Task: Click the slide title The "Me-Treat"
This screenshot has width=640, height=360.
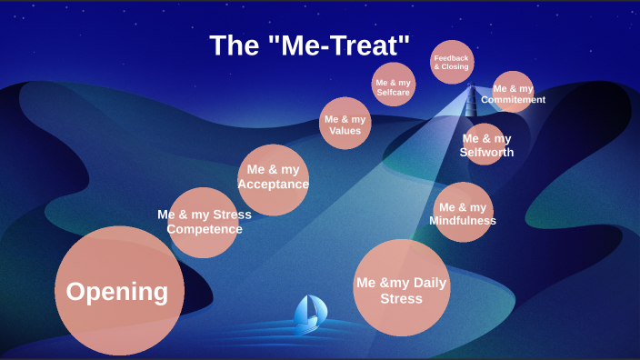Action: pyautogui.click(x=310, y=45)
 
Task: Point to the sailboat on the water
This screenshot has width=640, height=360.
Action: pyautogui.click(x=310, y=312)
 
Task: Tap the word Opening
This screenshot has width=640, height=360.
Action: pyautogui.click(x=117, y=292)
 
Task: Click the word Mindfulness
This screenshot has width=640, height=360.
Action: pyautogui.click(x=463, y=221)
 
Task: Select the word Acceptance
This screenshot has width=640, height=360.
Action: pyautogui.click(x=273, y=185)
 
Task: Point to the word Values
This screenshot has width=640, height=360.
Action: pyautogui.click(x=345, y=131)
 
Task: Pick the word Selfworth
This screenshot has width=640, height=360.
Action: pyautogui.click(x=486, y=153)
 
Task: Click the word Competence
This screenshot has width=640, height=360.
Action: pyautogui.click(x=205, y=229)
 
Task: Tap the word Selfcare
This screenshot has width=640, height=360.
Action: pyautogui.click(x=394, y=93)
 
